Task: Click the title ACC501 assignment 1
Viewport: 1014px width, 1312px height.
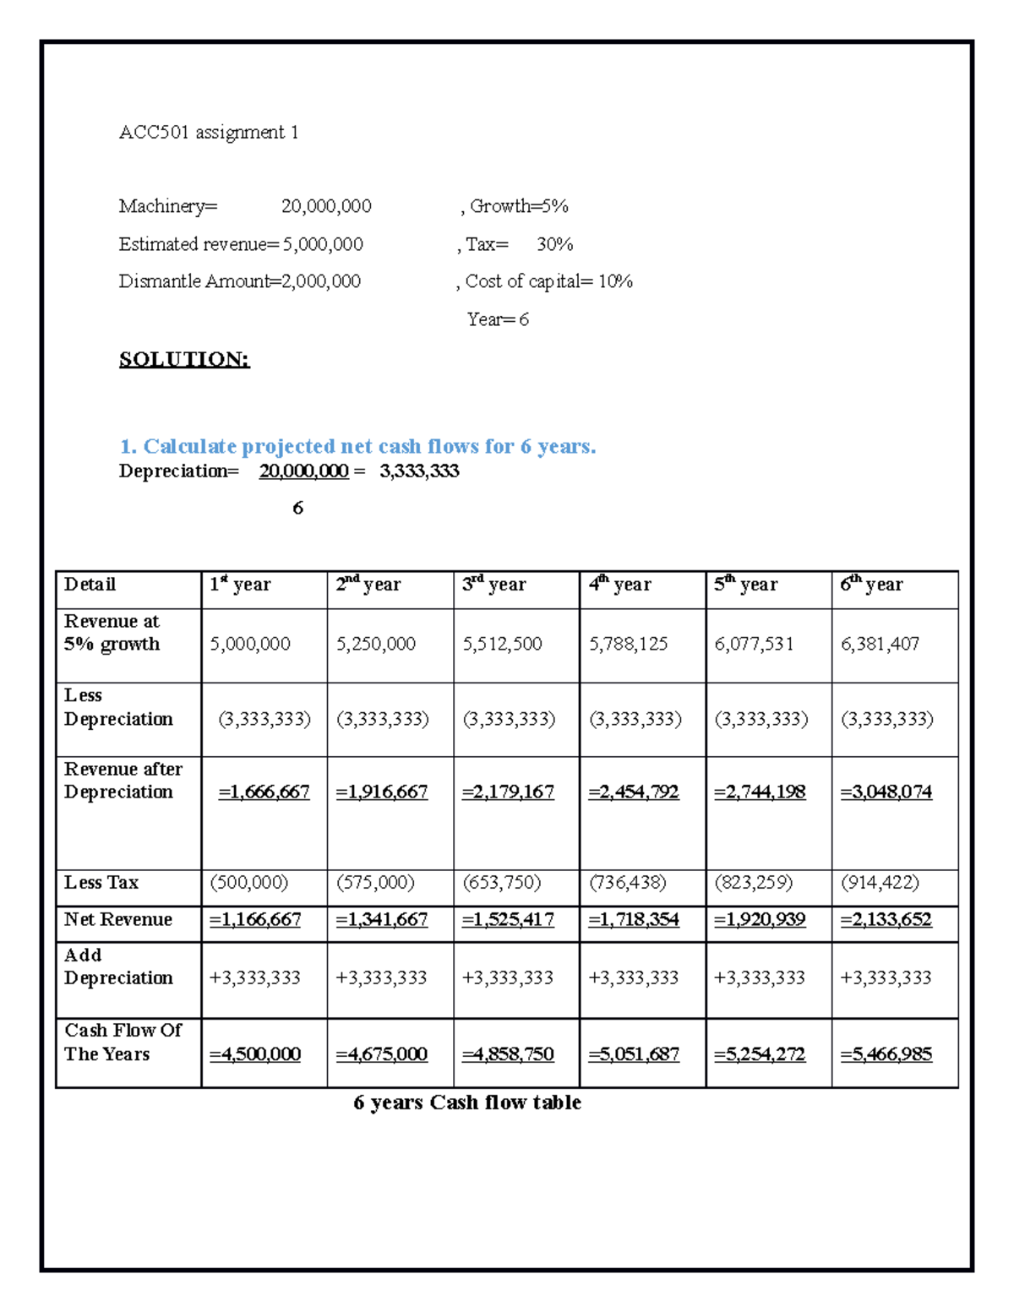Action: (208, 133)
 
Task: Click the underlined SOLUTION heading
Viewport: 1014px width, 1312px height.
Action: (184, 359)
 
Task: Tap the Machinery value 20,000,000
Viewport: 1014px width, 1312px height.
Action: (326, 206)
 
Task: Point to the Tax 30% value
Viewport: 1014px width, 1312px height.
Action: (554, 244)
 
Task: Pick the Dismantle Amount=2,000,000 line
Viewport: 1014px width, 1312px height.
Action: (239, 281)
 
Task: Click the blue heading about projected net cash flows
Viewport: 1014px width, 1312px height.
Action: (357, 446)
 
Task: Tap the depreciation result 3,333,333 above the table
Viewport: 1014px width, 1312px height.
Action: (419, 471)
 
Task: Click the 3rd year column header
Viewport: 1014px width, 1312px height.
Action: (493, 585)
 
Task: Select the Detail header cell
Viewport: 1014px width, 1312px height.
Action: (90, 585)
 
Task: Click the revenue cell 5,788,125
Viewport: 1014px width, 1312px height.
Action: (628, 644)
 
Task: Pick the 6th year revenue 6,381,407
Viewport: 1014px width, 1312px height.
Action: (880, 644)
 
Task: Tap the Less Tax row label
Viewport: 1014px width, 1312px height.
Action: (101, 883)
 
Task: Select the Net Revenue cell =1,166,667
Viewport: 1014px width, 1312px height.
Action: (255, 919)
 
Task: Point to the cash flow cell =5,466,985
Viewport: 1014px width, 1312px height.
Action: (886, 1054)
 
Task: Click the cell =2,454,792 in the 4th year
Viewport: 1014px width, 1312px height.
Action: (634, 792)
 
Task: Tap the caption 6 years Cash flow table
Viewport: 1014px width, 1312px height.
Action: (467, 1102)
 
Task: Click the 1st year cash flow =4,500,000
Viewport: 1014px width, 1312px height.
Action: (255, 1054)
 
